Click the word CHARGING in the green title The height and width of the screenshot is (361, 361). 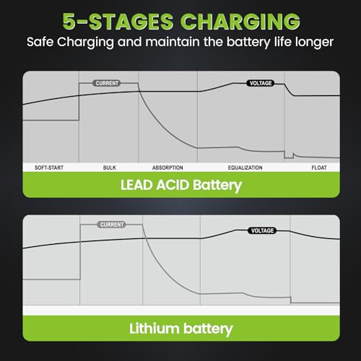[240, 22]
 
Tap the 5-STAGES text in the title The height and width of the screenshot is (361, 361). [118, 22]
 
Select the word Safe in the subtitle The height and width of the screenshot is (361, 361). [40, 42]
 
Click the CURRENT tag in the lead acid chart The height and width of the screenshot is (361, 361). [107, 83]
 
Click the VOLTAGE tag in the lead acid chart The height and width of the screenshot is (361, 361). [261, 83]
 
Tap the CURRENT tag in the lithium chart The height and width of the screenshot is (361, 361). [111, 225]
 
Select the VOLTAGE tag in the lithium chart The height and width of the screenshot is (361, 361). [262, 230]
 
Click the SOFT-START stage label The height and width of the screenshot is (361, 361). [49, 168]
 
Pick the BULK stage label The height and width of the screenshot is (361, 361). [110, 168]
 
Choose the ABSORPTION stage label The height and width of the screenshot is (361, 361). [168, 168]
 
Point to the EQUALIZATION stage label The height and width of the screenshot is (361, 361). [245, 168]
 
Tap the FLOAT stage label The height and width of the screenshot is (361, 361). [319, 168]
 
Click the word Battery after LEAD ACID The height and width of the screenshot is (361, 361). [217, 186]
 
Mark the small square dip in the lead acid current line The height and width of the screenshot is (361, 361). [289, 155]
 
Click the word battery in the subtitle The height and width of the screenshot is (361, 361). [248, 43]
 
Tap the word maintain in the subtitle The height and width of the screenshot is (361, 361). [173, 42]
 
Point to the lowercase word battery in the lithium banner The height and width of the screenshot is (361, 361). [208, 329]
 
